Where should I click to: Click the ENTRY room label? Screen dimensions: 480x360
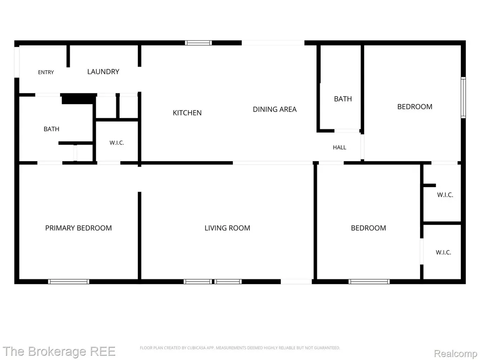46,72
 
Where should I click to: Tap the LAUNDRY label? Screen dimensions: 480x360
103,72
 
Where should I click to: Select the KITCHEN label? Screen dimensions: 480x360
187,113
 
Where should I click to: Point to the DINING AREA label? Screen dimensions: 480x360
275,109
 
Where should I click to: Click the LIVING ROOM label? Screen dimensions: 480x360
227,228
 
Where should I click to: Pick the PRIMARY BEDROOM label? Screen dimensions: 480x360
78,228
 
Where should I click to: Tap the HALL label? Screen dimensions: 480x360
339,148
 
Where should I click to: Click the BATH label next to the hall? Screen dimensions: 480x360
343,99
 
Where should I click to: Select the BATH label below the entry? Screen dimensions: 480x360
52,129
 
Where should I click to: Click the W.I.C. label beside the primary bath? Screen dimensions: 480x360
117,143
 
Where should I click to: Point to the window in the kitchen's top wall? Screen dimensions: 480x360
198,43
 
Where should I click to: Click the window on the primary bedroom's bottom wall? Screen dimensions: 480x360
68,282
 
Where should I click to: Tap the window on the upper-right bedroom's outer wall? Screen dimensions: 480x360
463,97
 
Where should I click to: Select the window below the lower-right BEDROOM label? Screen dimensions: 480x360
369,282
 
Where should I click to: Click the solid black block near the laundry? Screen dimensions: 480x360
79,99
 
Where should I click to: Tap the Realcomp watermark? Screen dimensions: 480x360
456,353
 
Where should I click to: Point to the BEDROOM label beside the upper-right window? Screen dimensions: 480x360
415,107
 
